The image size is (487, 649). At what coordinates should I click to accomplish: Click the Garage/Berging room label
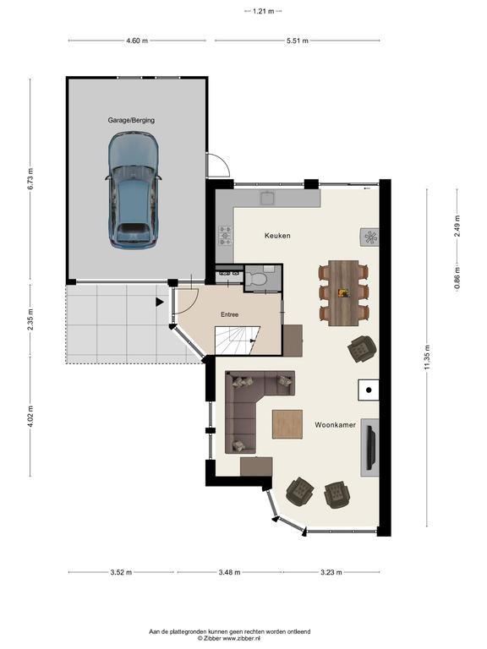[131, 121]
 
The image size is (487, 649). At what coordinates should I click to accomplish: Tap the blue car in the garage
[134, 190]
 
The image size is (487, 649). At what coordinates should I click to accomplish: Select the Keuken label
[277, 236]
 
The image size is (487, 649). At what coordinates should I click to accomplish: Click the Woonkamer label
[335, 425]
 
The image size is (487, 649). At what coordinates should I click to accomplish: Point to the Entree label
[229, 314]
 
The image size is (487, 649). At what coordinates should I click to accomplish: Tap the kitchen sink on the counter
[268, 198]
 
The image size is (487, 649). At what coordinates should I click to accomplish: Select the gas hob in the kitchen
[225, 235]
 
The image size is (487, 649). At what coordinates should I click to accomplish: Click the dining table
[344, 293]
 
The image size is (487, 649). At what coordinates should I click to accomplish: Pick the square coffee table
[287, 424]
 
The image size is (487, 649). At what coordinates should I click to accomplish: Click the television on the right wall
[371, 448]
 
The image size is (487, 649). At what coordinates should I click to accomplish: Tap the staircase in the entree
[237, 341]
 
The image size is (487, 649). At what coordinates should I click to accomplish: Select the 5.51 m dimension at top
[298, 41]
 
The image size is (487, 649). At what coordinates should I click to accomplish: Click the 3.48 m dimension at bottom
[229, 572]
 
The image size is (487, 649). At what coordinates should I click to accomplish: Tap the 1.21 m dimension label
[264, 12]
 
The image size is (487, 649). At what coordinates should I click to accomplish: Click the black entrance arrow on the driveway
[160, 303]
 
